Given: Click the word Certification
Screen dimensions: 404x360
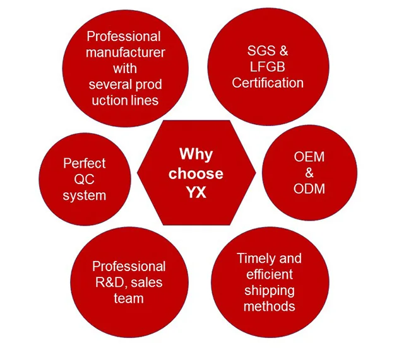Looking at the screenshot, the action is [x=268, y=83].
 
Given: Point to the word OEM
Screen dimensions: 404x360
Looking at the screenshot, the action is [x=309, y=156].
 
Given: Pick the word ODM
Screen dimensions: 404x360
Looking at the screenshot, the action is [x=309, y=189].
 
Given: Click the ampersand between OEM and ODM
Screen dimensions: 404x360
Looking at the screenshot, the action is [x=309, y=173].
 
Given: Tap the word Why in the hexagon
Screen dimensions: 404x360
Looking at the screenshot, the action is [x=196, y=154].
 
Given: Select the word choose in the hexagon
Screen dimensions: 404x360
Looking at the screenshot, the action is [x=196, y=173].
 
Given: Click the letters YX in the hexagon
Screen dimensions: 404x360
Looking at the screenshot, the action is [x=196, y=193].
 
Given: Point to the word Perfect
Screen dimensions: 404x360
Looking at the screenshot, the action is [x=84, y=164].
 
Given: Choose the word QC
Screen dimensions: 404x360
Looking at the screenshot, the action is [x=84, y=180].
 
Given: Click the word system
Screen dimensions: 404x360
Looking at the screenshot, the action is [x=84, y=195].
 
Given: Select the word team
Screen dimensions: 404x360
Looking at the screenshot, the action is [x=129, y=298].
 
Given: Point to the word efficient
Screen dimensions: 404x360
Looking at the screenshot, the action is [x=270, y=274].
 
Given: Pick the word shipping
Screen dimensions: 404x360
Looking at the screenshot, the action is [x=270, y=291].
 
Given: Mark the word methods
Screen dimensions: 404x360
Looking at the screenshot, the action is [x=270, y=306].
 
